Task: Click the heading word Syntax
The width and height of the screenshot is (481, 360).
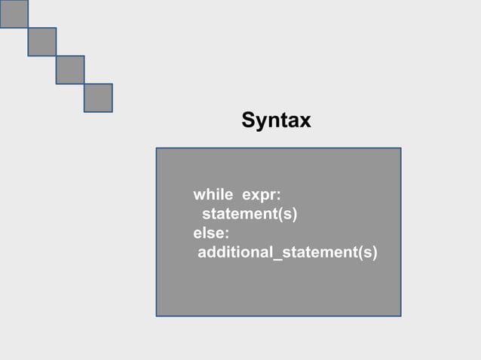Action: [276, 120]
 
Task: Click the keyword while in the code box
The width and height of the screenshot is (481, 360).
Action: [213, 195]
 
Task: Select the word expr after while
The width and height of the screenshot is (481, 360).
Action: [259, 195]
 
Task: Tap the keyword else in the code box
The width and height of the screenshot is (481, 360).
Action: [209, 233]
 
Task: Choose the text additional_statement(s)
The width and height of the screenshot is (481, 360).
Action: [287, 252]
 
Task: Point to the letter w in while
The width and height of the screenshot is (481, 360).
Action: [200, 196]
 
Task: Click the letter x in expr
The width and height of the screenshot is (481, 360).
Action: [254, 196]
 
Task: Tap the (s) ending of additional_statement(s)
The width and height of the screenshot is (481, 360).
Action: [367, 252]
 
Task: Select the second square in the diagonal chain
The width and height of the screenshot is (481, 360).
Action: [42, 41]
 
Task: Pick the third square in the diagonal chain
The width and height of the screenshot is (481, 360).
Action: [70, 69]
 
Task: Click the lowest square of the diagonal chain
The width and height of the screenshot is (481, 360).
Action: [98, 97]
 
